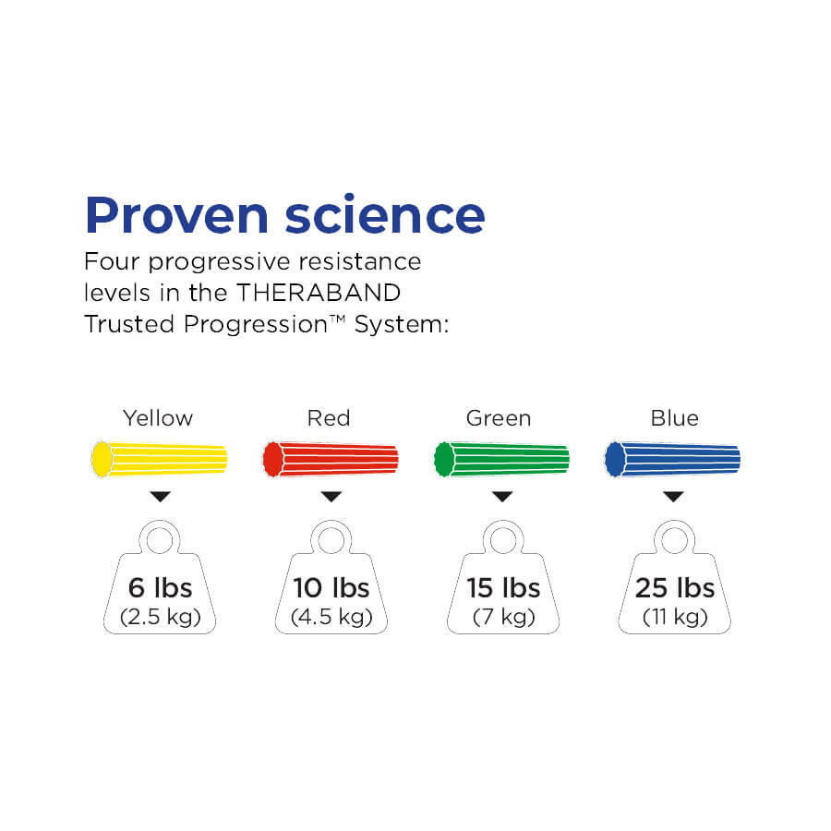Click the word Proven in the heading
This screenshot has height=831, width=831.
177,215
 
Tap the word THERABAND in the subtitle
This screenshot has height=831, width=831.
319,293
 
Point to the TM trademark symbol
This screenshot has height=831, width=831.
338,319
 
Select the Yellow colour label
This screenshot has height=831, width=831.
158,418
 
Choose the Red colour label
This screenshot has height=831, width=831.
329,418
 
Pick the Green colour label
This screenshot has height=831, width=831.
499,418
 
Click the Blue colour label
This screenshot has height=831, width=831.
674,418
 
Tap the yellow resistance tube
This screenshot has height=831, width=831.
160,459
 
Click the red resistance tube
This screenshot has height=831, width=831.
331,459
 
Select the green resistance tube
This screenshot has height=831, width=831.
502,459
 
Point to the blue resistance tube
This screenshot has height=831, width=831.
672,459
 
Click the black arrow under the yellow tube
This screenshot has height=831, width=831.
160,497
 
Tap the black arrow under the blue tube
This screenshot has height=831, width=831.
674,497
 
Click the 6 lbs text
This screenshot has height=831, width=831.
160,588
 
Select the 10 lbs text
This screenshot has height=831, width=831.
331,588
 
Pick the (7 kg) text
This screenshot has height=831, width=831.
503,617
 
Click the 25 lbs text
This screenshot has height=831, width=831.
675,588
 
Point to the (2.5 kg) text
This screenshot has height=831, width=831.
160,617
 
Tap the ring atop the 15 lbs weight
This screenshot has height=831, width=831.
503,525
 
